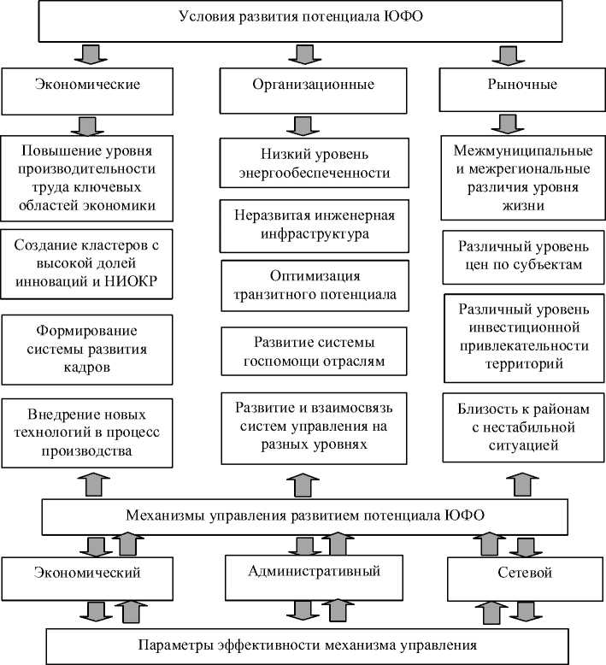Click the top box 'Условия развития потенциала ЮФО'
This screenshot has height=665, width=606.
tap(301, 21)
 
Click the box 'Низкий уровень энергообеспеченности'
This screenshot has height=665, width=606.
tap(313, 164)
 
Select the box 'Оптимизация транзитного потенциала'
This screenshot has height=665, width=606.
tap(315, 285)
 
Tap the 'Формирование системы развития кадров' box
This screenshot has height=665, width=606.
tap(88, 349)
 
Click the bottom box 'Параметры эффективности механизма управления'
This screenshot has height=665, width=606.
tap(304, 644)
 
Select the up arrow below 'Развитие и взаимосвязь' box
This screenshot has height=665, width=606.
tap(301, 484)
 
